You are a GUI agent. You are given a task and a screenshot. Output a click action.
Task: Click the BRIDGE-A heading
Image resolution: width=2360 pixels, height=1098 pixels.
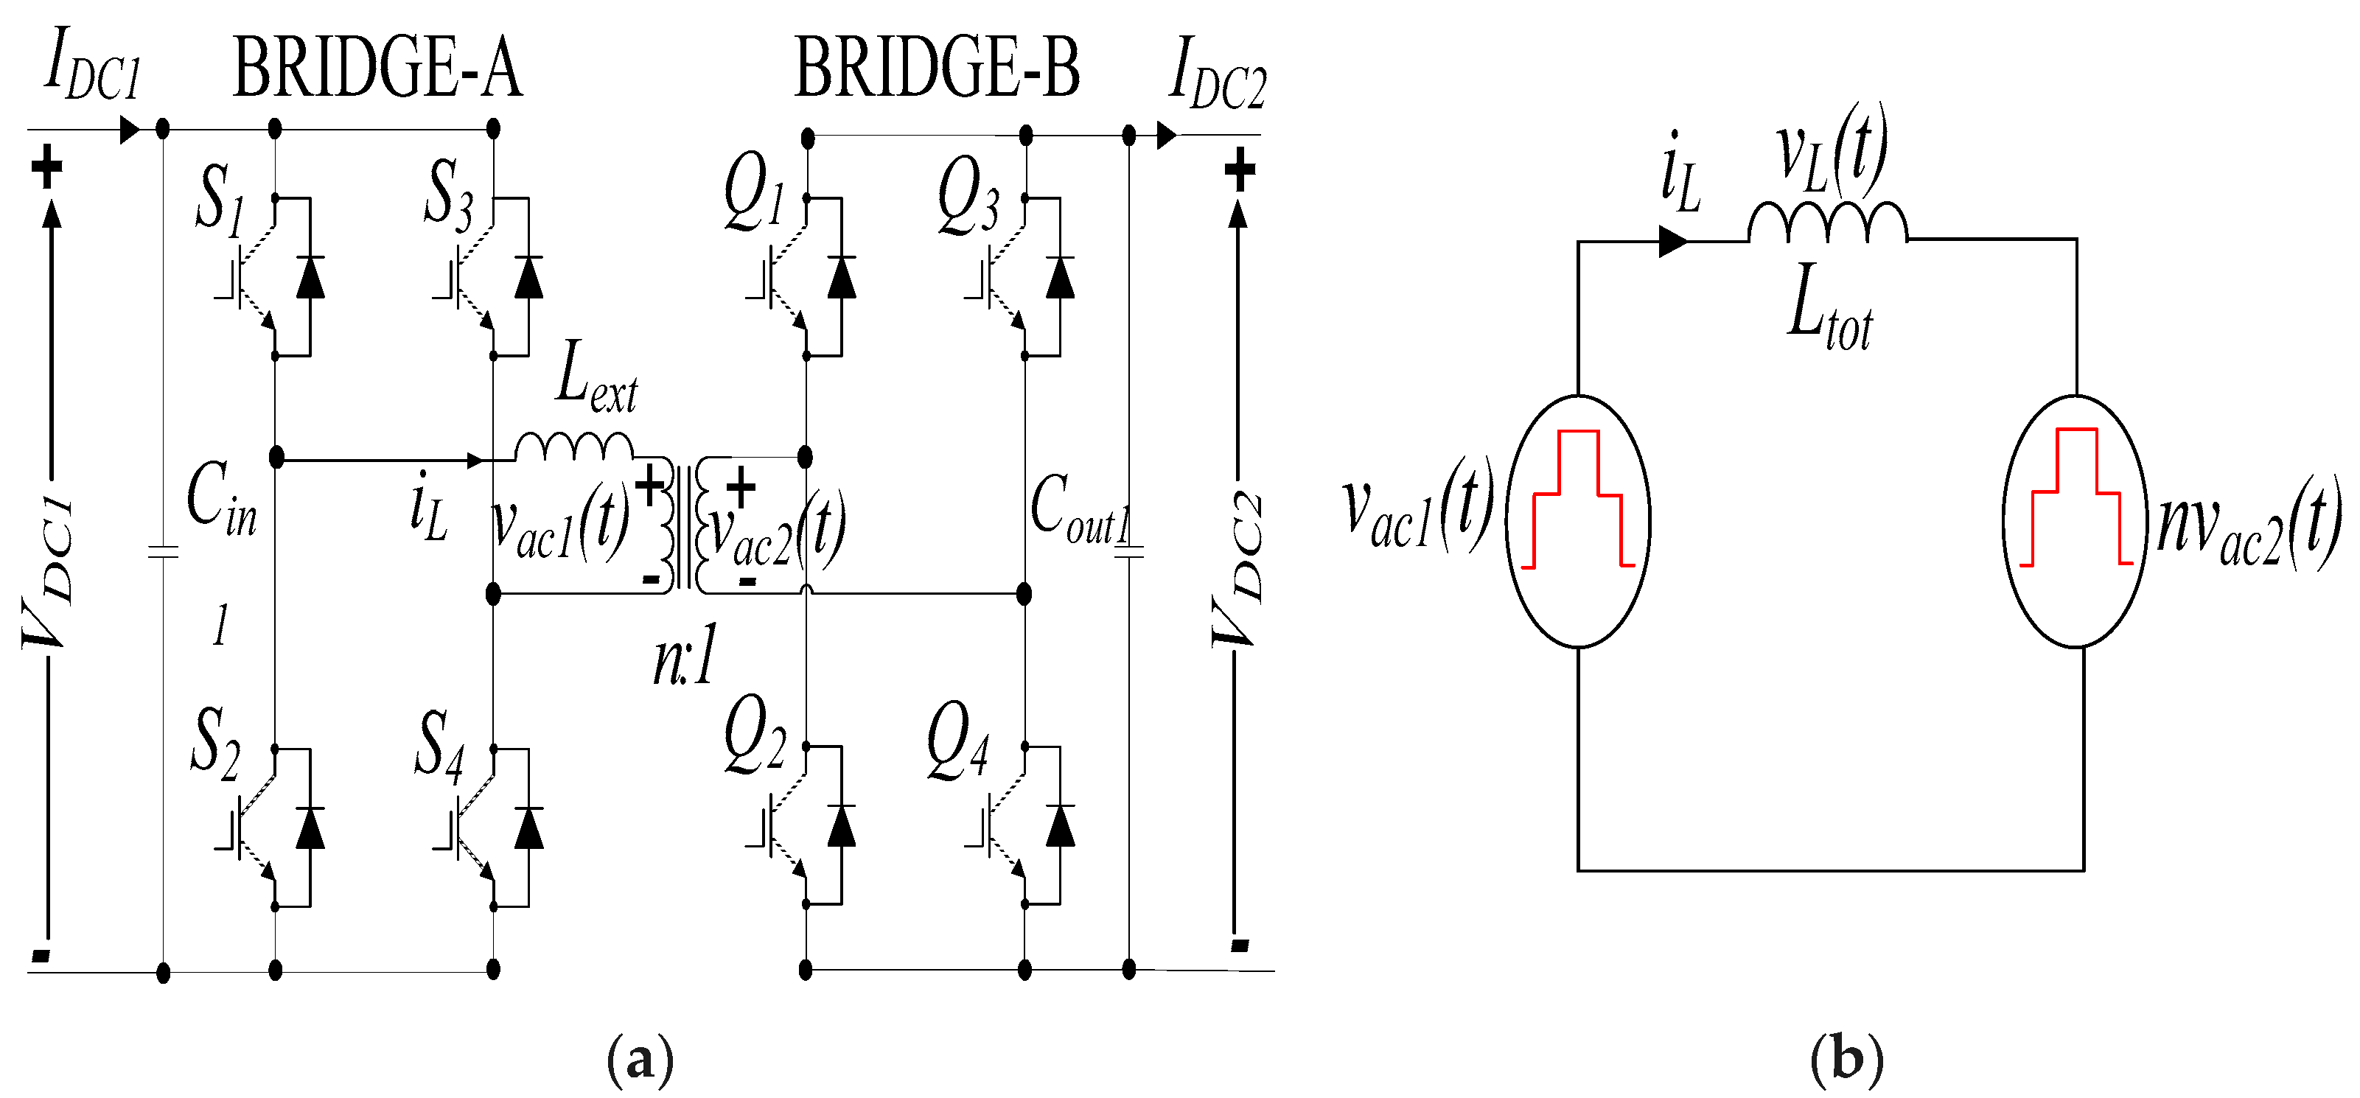(x=377, y=68)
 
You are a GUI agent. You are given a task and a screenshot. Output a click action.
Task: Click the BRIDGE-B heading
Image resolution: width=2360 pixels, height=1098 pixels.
(x=936, y=68)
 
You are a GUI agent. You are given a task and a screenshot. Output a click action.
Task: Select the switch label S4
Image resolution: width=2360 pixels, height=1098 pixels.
(x=440, y=746)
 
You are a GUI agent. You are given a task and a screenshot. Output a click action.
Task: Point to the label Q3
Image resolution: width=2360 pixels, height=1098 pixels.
(x=968, y=197)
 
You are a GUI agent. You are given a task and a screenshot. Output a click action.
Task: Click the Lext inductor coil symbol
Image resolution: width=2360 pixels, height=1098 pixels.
(x=573, y=447)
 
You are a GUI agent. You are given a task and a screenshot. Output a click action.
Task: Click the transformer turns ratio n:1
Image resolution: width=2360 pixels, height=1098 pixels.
(x=683, y=659)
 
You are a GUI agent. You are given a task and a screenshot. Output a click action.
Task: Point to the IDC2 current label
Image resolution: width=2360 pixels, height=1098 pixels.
(x=1217, y=73)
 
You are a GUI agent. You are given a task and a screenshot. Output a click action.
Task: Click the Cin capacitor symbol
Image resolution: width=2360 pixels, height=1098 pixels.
(x=163, y=552)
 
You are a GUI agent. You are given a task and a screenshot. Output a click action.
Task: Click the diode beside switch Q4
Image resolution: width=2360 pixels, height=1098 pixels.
(x=1060, y=826)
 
